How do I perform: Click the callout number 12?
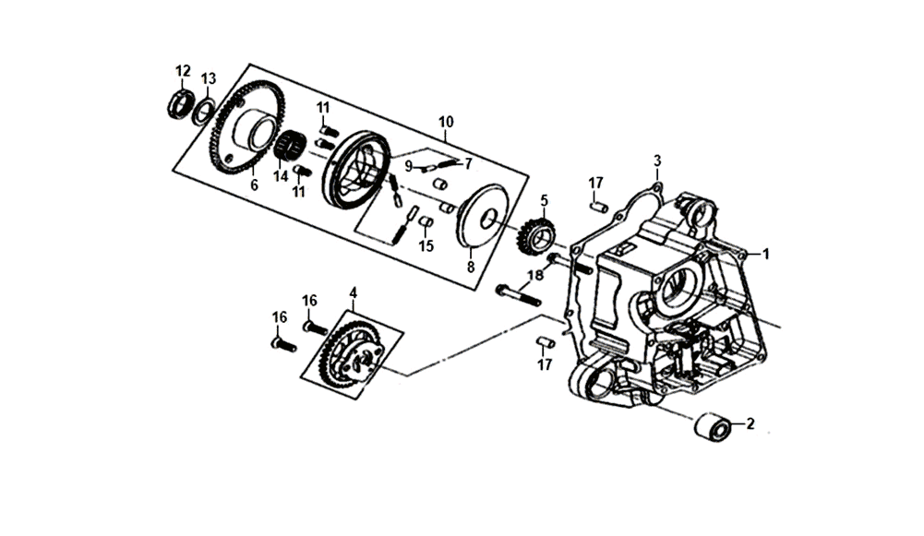coord(183,70)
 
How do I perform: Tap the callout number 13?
coord(209,77)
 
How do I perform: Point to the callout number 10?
coord(446,122)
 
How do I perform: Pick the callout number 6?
coord(254,185)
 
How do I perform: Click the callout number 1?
coord(764,252)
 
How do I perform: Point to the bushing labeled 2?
coord(714,428)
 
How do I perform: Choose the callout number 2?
coord(750,424)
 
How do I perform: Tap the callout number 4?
coord(353,292)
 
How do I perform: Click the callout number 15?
coord(426,246)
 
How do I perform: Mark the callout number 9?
coord(408,166)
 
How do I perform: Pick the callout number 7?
coord(468,163)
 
